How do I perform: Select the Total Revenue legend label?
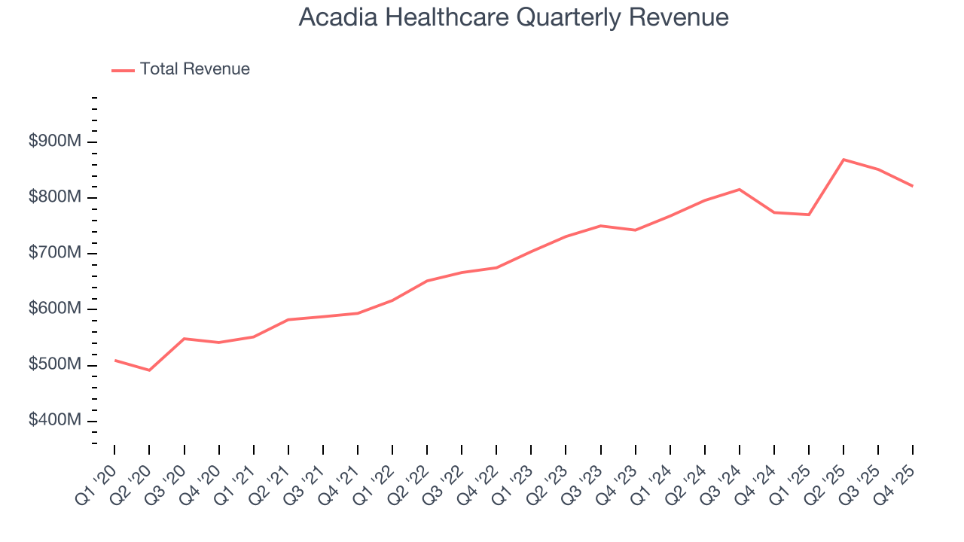194,69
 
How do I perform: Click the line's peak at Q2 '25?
843,160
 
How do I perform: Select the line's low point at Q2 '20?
149,370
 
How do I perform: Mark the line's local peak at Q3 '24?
740,189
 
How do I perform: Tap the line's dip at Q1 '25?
809,215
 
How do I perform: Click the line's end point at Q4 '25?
912,186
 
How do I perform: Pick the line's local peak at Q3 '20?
185,339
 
